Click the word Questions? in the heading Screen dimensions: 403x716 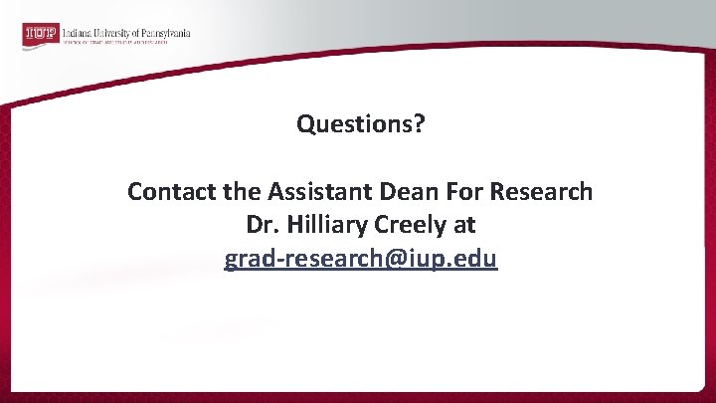pyautogui.click(x=360, y=124)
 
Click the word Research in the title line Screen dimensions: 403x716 pyautogui.click(x=537, y=191)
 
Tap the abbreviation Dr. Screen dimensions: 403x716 pyautogui.click(x=259, y=225)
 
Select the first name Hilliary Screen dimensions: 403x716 pyautogui.click(x=319, y=225)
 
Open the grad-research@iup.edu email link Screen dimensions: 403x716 pyautogui.click(x=360, y=259)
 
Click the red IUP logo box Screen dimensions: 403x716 pyautogui.click(x=40, y=35)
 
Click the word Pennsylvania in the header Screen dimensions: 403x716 pyautogui.click(x=166, y=31)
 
